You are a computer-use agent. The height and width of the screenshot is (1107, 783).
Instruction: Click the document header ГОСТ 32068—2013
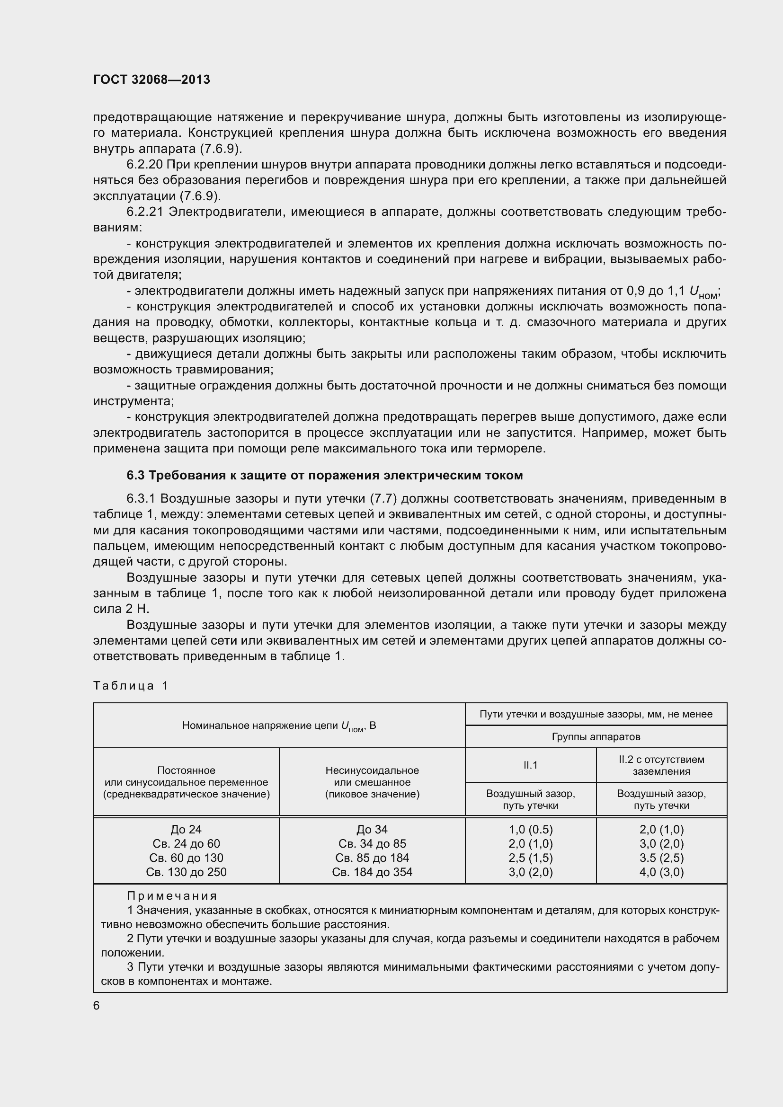[x=151, y=80]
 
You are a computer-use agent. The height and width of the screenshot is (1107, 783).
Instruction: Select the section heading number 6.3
[x=135, y=475]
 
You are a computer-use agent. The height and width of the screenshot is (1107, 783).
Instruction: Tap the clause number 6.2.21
[x=146, y=212]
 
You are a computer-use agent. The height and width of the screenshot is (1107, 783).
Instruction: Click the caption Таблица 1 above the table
[x=131, y=686]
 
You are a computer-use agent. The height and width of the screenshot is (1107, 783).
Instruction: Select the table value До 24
[x=186, y=829]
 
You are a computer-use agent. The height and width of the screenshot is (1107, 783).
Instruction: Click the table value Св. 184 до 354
[x=372, y=872]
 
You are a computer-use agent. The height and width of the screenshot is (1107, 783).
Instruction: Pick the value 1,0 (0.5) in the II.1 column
[x=530, y=829]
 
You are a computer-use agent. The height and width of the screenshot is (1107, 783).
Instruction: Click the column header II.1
[x=530, y=765]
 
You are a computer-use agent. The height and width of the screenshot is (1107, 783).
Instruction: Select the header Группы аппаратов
[x=596, y=737]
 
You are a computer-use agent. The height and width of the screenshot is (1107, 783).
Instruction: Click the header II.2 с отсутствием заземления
[x=661, y=765]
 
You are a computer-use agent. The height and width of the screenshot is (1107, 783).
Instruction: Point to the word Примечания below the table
[x=172, y=896]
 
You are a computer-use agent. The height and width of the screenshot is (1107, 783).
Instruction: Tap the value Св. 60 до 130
[x=186, y=858]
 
